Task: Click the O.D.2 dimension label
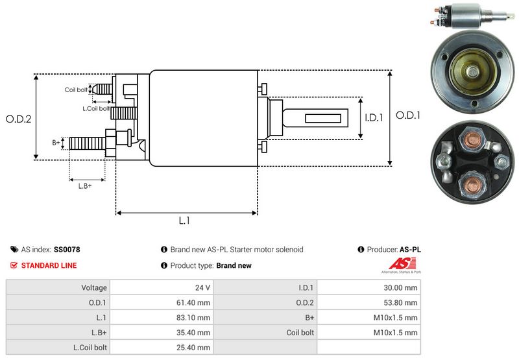pyautogui.click(x=19, y=119)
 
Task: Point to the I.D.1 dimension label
pyautogui.click(x=375, y=118)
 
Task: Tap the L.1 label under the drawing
pyautogui.click(x=184, y=221)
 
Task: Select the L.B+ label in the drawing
pyautogui.click(x=85, y=186)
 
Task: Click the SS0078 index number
pyautogui.click(x=67, y=249)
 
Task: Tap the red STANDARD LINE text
pyautogui.click(x=49, y=265)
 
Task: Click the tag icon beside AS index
pyautogui.click(x=14, y=249)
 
